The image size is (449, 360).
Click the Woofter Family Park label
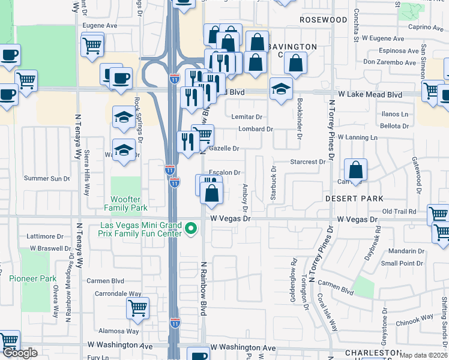[126, 203]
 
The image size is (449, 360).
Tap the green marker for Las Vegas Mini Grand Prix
[191, 228]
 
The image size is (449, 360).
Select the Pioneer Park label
[33, 278]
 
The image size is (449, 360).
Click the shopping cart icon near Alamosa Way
[137, 308]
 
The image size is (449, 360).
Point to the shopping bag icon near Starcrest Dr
[356, 170]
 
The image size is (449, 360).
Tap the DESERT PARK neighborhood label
[354, 199]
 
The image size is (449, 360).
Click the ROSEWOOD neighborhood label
[324, 20]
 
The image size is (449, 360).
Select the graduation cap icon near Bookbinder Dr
[280, 89]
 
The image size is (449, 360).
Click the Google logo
[20, 353]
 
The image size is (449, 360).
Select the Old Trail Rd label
[399, 211]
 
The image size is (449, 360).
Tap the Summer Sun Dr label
[47, 178]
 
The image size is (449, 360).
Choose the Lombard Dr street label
[255, 129]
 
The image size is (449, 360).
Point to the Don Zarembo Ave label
[390, 62]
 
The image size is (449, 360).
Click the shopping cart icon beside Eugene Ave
[92, 44]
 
